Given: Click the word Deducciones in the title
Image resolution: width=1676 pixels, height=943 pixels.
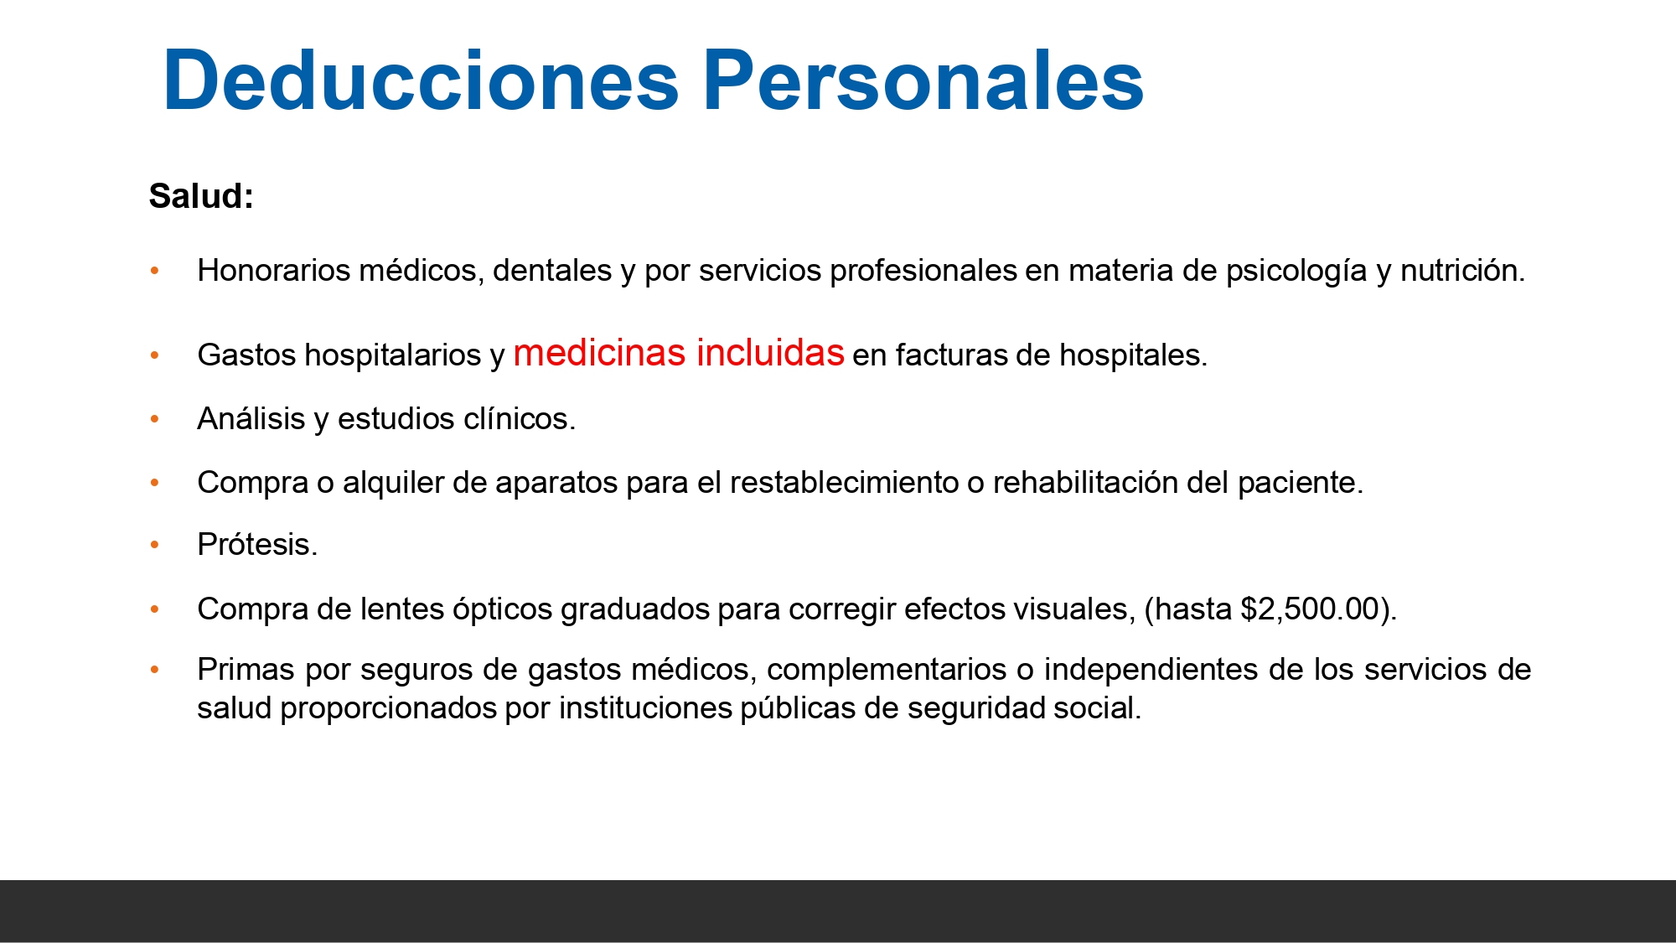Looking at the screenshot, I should [x=421, y=80].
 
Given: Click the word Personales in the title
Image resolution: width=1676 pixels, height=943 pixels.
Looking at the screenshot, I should [x=923, y=80].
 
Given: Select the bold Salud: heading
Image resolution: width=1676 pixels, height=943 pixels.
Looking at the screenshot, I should [x=201, y=196].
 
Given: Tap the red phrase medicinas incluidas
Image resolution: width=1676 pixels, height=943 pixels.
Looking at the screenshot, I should [x=678, y=353].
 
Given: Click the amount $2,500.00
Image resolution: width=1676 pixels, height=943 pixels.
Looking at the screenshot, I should [x=1310, y=609].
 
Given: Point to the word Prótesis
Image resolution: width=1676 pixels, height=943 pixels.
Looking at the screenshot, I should [x=256, y=545].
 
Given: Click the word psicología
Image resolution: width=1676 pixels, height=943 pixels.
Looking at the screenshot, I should [x=1296, y=271].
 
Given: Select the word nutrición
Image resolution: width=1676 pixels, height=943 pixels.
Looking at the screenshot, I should [x=1461, y=271].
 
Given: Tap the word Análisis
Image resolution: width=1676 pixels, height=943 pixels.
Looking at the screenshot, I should [x=251, y=418].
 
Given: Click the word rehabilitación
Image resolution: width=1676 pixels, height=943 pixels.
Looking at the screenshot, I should [x=1103, y=482].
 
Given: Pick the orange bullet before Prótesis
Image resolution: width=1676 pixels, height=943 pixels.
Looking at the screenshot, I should [x=154, y=545].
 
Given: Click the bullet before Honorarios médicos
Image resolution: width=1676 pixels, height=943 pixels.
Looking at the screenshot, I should [x=154, y=271].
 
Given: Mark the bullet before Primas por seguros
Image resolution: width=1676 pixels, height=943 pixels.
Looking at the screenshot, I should [x=154, y=670].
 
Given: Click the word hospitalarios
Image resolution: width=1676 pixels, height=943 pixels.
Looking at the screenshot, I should [x=392, y=355].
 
